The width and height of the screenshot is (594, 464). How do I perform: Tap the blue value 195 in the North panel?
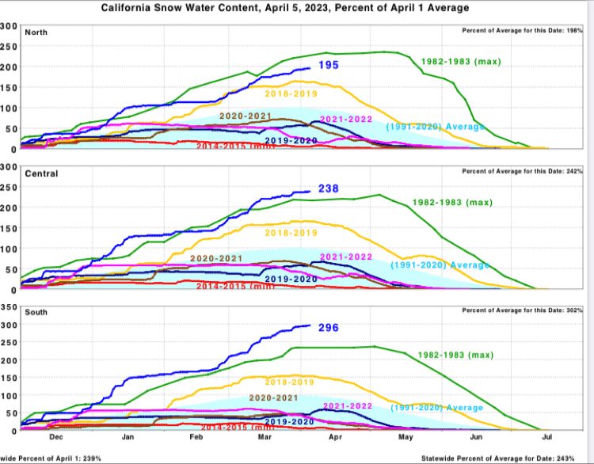point(329,65)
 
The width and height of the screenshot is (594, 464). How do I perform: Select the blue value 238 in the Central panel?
point(329,188)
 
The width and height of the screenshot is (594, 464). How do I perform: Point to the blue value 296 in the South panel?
point(329,327)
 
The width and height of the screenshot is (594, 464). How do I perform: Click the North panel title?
point(36,32)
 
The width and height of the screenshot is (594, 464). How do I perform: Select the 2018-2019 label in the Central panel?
point(289,233)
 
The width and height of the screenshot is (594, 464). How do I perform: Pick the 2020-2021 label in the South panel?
point(274,397)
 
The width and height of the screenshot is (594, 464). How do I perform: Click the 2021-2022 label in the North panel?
point(346,119)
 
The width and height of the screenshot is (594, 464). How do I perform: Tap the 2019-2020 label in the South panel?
point(290,421)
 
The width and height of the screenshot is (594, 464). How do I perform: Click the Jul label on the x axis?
point(546,436)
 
